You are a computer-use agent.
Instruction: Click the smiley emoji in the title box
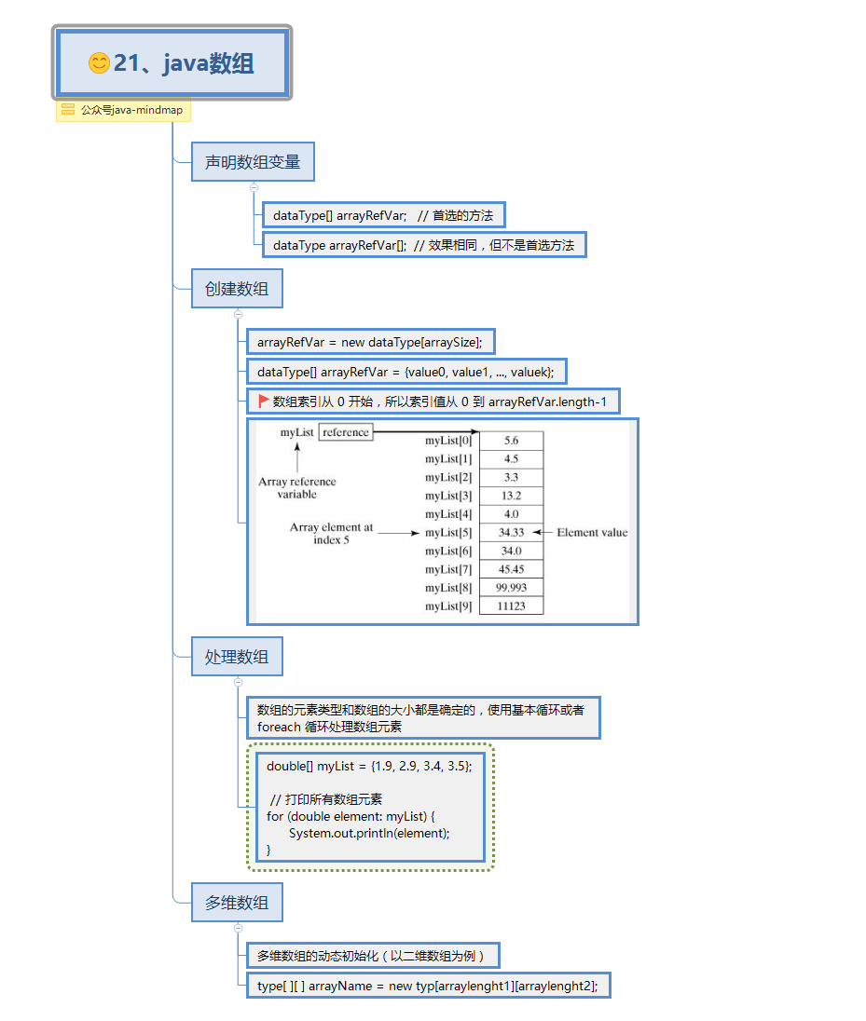(99, 63)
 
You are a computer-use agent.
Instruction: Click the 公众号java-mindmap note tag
(123, 110)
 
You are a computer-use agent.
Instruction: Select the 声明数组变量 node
(253, 162)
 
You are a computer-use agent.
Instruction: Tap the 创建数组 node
(237, 289)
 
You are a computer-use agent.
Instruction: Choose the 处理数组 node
(237, 657)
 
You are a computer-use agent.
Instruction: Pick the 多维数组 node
(237, 902)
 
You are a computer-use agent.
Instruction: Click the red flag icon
(264, 402)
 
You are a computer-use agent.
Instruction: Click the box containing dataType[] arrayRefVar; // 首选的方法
(383, 215)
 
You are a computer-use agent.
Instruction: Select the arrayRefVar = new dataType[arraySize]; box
(370, 342)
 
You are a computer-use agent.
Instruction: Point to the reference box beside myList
(346, 432)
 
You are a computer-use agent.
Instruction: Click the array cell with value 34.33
(511, 533)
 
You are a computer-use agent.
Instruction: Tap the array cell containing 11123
(511, 606)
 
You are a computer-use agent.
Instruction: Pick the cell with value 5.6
(511, 441)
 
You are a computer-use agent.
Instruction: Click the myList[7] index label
(448, 569)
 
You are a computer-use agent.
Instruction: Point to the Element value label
(592, 533)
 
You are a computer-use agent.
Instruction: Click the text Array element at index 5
(331, 534)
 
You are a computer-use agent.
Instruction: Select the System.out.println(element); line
(369, 833)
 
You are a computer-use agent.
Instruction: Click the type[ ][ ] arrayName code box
(428, 986)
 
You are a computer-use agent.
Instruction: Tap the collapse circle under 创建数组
(238, 314)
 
